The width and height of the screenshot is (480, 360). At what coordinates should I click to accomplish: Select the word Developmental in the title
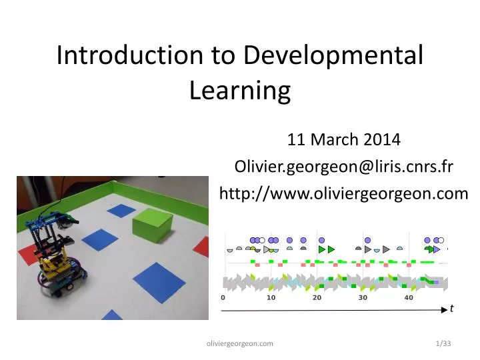tap(333, 55)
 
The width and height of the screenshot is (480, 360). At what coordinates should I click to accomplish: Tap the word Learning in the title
tap(240, 90)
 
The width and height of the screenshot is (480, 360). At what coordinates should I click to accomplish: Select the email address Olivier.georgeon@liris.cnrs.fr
tap(344, 167)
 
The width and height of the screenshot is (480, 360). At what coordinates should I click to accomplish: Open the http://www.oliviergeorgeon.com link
tap(344, 193)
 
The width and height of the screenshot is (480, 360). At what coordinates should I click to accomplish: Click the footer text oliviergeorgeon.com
tap(240, 343)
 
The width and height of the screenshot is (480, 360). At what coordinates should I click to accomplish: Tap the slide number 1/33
tap(441, 343)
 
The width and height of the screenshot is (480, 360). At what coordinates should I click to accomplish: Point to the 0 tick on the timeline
tap(223, 298)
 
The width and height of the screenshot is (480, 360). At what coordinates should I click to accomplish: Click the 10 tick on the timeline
tap(271, 298)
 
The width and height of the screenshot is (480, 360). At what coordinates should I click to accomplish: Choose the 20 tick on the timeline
tap(317, 298)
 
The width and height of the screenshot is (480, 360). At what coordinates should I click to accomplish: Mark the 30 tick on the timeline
tap(363, 298)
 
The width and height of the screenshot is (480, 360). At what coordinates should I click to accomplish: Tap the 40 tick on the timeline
tap(409, 298)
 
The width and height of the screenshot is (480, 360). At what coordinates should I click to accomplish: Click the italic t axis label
tap(451, 308)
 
